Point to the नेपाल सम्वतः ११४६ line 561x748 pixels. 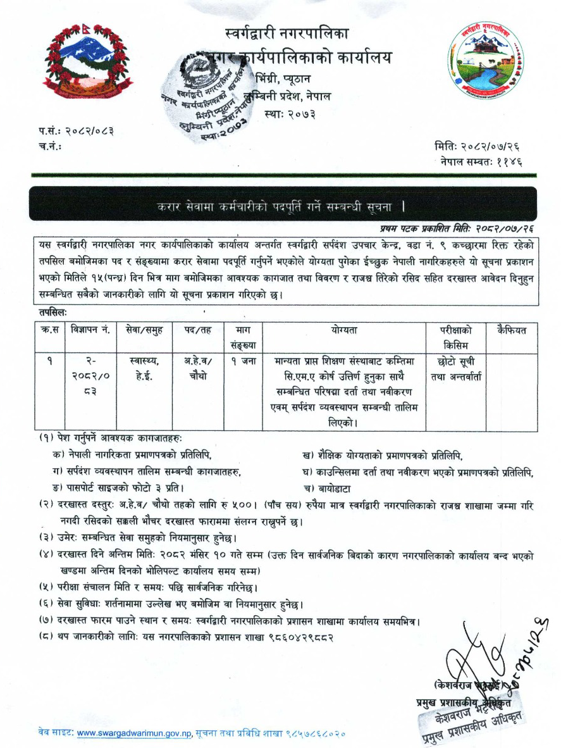pos(482,161)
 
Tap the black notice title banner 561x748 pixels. pos(283,206)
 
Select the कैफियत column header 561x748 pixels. pos(512,330)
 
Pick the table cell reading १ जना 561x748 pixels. pos(239,361)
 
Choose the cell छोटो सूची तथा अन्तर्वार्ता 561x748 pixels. pos(455,367)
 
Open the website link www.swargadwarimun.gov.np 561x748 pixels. pos(133,733)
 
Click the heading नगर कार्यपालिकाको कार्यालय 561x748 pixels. pos(304,58)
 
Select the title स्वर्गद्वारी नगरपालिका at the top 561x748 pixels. pos(286,32)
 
